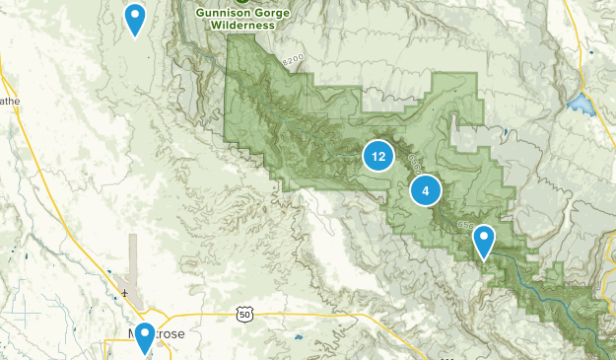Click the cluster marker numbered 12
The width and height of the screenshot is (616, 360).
click(378, 156)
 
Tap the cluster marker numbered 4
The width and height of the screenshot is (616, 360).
click(426, 191)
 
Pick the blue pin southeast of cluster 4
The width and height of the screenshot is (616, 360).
click(483, 241)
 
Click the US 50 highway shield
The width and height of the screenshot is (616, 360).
click(244, 314)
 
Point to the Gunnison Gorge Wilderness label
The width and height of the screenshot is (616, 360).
click(240, 19)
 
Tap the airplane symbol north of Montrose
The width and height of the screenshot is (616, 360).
click(125, 293)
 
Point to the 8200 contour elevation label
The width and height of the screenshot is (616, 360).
click(293, 61)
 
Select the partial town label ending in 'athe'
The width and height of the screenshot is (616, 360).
click(9, 101)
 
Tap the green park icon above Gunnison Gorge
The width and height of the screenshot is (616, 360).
click(240, 2)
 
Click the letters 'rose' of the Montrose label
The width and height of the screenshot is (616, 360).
click(170, 334)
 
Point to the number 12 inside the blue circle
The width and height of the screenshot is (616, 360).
click(378, 156)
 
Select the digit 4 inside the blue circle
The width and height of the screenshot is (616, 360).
click(426, 191)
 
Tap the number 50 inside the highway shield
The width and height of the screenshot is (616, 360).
click(244, 315)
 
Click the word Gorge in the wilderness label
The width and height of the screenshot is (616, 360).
click(267, 13)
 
